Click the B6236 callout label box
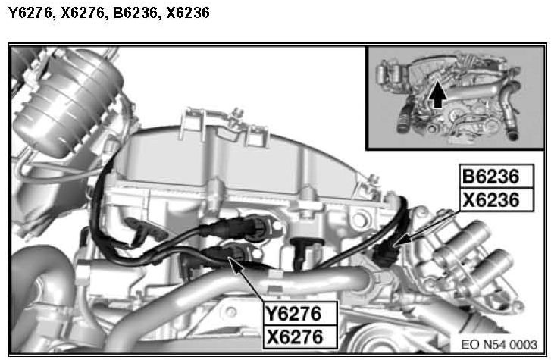(x=496, y=176)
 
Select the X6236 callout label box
(x=496, y=200)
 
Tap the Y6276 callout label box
(x=300, y=313)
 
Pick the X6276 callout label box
(x=300, y=337)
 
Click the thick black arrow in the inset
(x=437, y=93)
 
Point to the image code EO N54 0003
(x=499, y=344)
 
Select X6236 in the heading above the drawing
(x=188, y=13)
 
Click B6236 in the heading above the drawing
(x=135, y=13)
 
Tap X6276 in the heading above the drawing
(x=83, y=13)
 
